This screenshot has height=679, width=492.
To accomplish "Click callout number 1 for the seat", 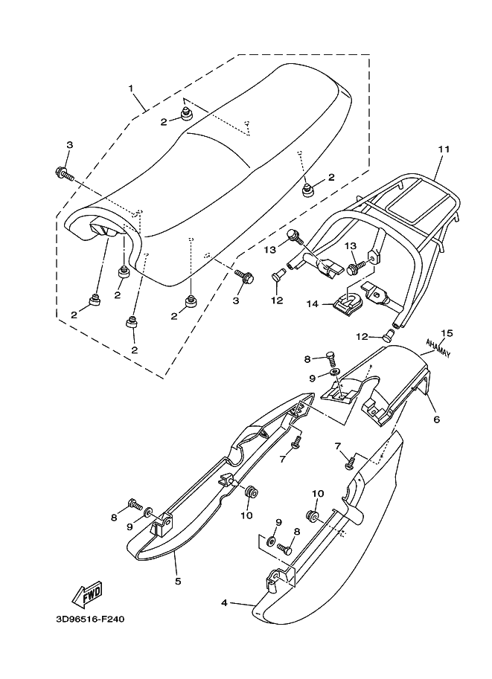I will coord(131,89).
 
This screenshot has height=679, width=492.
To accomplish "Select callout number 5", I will coord(178,581).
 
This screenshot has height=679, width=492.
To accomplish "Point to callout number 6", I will coord(437,419).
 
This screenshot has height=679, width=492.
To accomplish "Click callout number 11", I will coord(444,149).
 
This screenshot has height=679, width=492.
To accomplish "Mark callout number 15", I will coord(447,332).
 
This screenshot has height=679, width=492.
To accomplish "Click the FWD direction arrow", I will coord(87,593).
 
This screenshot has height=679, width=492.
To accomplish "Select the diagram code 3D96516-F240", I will coord(89,639).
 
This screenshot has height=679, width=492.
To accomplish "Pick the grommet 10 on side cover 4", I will coord(313,515).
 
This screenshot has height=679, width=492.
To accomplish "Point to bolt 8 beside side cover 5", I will coord(135,503).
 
